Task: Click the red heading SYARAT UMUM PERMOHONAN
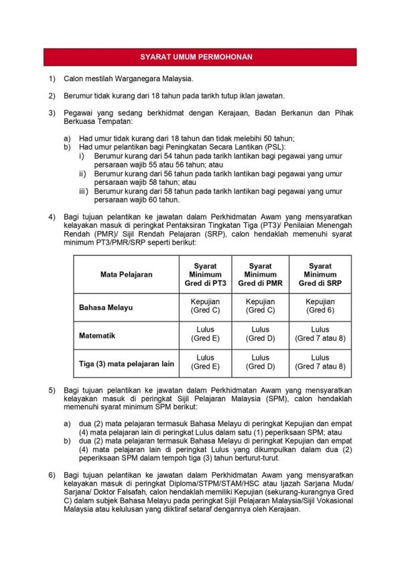point(200,57)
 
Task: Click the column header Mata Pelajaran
point(126,274)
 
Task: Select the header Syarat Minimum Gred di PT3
point(205,274)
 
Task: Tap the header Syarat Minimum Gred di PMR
point(260,274)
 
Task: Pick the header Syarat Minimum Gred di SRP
point(320,274)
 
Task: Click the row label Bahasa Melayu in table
point(106,307)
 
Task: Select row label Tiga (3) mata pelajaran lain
point(127,364)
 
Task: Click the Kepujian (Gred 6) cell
point(320,306)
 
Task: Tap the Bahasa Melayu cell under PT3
point(205,306)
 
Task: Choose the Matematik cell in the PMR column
point(260,334)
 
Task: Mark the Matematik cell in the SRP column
point(320,334)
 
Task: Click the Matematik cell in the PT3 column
point(205,334)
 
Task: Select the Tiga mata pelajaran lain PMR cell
point(260,362)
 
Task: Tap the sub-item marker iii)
point(83,191)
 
